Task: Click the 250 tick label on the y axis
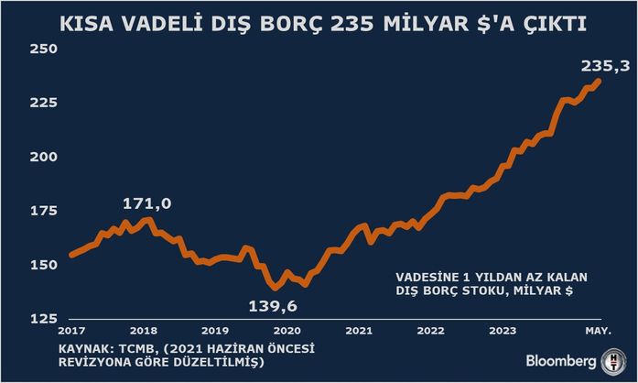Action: pos(44,49)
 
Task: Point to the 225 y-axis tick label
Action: pos(44,103)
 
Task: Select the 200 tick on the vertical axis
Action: pos(44,157)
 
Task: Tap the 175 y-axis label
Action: pos(44,211)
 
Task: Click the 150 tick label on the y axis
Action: pos(44,265)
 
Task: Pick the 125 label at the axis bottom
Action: pos(44,318)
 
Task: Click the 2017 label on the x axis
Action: pos(70,330)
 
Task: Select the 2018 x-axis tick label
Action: pos(143,330)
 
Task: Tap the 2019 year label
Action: pos(214,330)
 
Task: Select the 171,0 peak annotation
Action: pos(146,202)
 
